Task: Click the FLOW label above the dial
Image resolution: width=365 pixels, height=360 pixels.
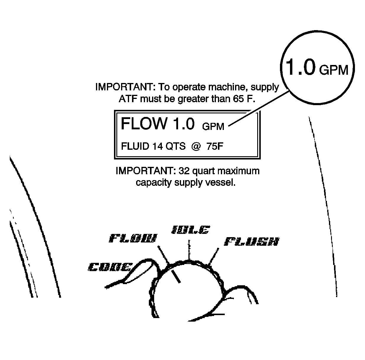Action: pos(133,238)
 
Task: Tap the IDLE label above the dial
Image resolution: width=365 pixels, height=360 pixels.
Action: pos(190,229)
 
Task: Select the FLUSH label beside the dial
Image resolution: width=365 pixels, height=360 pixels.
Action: pos(252,242)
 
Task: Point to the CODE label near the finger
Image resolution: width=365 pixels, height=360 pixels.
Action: pos(110,267)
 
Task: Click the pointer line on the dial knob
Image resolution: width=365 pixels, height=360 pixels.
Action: pos(176,276)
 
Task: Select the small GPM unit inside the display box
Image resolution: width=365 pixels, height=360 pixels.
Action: pos(213,126)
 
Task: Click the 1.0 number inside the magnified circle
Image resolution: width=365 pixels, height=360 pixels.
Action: pos(300,67)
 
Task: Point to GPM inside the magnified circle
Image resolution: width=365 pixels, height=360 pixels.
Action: pos(334,70)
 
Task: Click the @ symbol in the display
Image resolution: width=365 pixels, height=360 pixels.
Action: pos(196,146)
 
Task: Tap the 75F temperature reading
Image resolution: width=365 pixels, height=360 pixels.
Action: pos(215,146)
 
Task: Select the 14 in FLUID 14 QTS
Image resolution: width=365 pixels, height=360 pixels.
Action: pos(158,146)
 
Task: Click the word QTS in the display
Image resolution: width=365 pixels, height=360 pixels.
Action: pos(176,146)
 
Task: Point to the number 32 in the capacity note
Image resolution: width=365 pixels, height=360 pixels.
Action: pos(184,171)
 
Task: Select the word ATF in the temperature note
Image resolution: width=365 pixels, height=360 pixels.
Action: pos(128,99)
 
